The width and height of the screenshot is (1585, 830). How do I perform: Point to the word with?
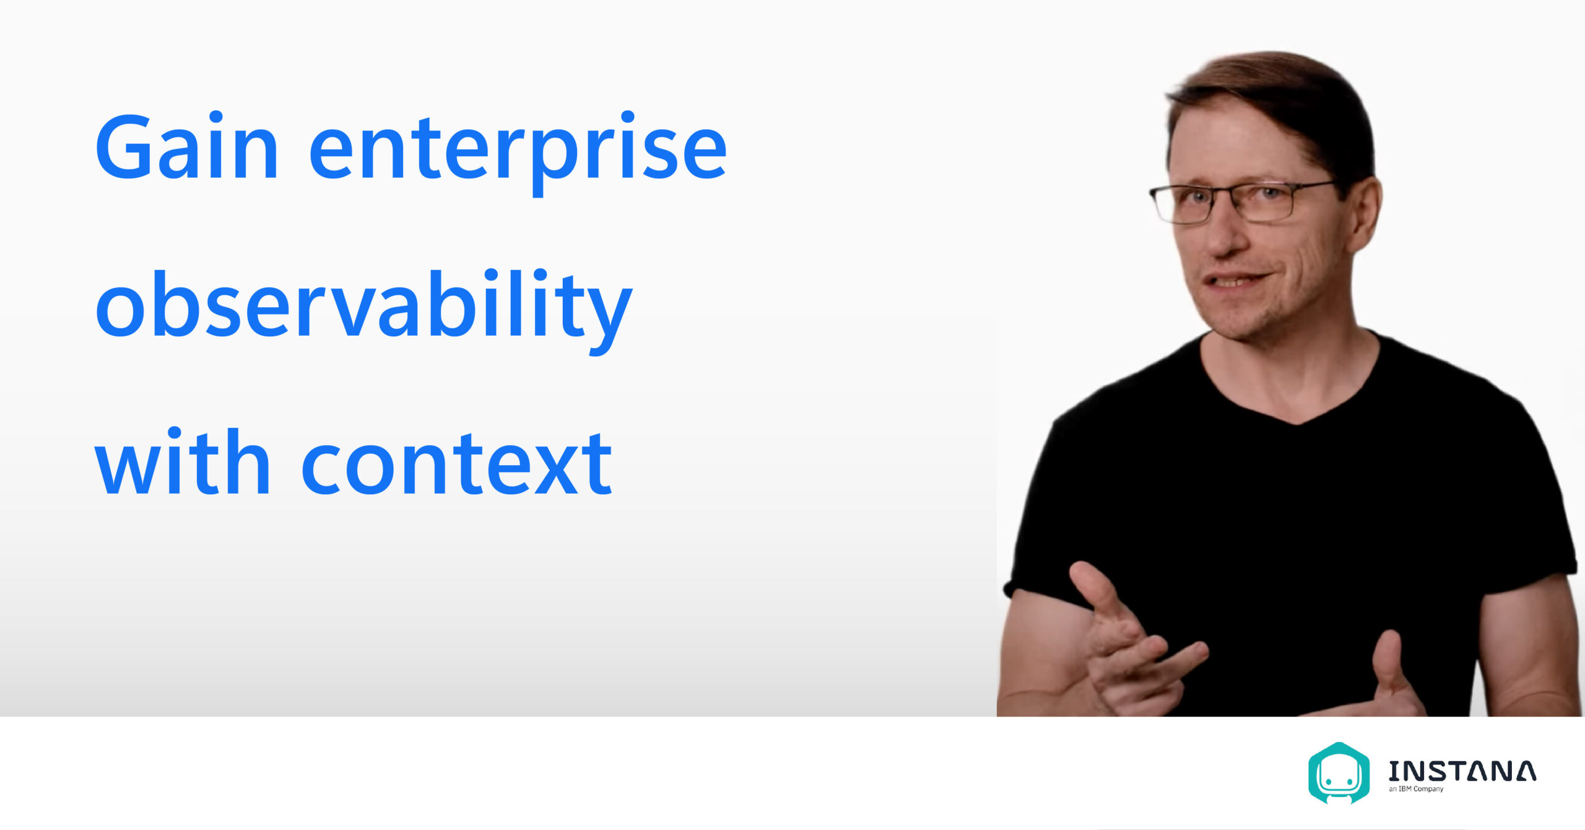click(x=182, y=461)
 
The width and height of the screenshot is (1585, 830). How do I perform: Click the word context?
click(x=457, y=465)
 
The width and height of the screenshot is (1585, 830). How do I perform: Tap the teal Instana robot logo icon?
click(x=1339, y=772)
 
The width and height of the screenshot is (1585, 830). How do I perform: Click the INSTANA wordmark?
click(x=1462, y=771)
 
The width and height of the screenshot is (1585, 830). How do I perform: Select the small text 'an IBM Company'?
click(x=1416, y=789)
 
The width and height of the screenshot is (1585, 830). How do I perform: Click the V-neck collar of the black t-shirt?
click(x=1291, y=396)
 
